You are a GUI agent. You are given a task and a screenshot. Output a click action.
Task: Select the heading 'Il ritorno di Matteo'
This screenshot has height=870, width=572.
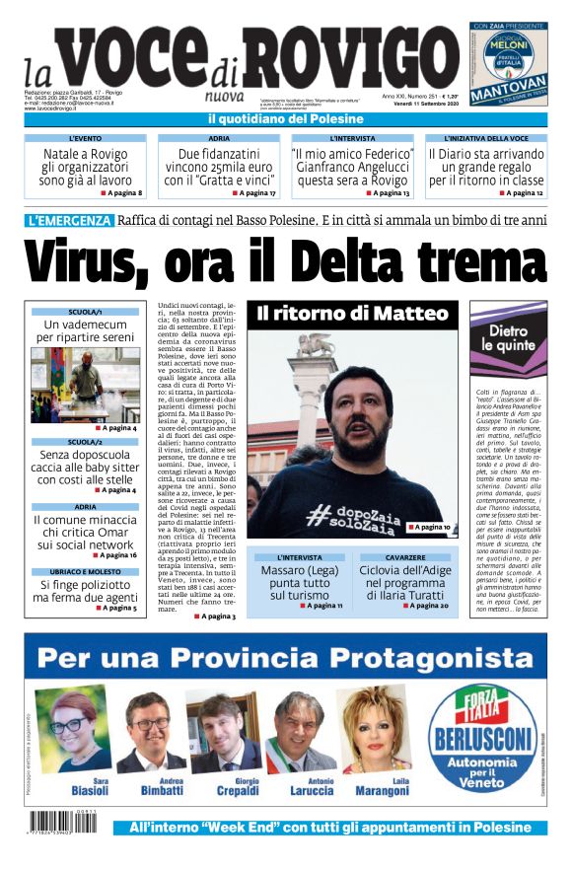pos(352,315)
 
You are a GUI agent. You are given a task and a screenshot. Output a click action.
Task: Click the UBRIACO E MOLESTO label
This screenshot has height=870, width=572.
pos(86,572)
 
